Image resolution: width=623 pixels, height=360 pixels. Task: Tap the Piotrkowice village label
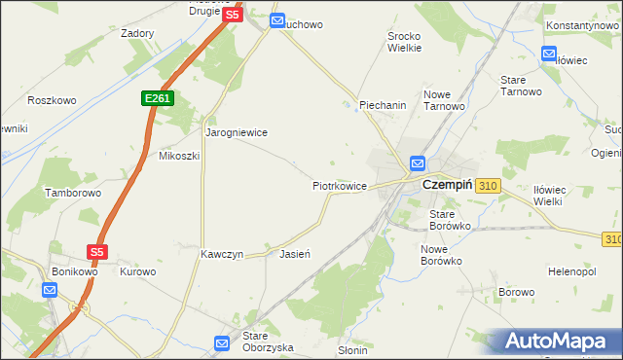pos(339,185)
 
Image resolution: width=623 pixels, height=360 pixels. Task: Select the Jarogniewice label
pos(236,131)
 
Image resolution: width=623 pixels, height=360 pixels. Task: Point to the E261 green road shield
pos(156,98)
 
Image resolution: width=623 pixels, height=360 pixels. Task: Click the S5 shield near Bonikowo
pos(96,251)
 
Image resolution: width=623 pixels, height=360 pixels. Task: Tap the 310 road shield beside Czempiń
pos(489,185)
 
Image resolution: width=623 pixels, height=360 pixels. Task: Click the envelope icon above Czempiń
pos(418,163)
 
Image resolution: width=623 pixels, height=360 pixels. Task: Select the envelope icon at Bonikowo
pos(50,290)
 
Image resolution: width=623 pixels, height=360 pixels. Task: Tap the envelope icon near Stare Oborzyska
pos(222,342)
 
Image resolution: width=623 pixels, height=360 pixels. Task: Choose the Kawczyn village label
pos(221,254)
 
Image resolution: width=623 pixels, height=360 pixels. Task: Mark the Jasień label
pos(294,254)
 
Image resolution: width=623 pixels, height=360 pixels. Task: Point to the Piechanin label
pos(383,105)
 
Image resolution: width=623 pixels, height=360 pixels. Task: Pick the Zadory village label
pos(137,32)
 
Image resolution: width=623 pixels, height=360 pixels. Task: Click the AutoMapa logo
pos(558,342)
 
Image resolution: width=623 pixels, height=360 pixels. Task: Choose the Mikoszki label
pos(179,156)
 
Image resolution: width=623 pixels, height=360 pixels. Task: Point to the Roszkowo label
pos(52,100)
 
